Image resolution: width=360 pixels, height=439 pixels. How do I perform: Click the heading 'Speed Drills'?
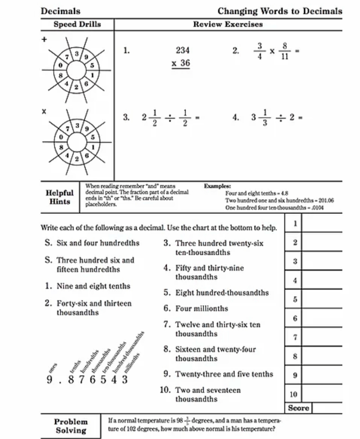tap(77, 24)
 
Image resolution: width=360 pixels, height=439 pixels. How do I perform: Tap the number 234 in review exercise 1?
tap(183, 51)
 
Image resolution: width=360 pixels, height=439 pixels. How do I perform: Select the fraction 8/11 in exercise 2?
tap(284, 51)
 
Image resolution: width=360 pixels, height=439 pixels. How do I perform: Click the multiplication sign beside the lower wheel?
tap(44, 111)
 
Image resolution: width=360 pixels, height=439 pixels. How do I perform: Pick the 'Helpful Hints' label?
tap(60, 197)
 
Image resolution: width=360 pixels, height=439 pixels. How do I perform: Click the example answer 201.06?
tap(326, 201)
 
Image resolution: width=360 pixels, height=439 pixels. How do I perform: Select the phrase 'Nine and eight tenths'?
tap(93, 286)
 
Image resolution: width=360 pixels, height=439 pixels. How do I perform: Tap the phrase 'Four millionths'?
tap(202, 309)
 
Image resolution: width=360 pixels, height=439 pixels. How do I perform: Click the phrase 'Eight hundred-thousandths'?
tap(222, 293)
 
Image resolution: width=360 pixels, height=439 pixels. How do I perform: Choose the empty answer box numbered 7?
tap(322, 337)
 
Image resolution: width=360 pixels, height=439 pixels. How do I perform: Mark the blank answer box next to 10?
tap(322, 394)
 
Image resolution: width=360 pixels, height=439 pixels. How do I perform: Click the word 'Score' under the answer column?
tap(298, 408)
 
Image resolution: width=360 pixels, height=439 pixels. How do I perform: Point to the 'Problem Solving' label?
tap(71, 426)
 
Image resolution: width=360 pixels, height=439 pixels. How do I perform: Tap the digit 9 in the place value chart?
tap(49, 380)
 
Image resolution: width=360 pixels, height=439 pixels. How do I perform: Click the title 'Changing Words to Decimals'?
tap(280, 11)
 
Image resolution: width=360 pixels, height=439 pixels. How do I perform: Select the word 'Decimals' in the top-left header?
tap(61, 11)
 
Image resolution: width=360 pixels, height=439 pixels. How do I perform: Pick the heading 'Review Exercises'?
tap(228, 24)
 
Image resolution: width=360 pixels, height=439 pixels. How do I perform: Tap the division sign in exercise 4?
tap(281, 117)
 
